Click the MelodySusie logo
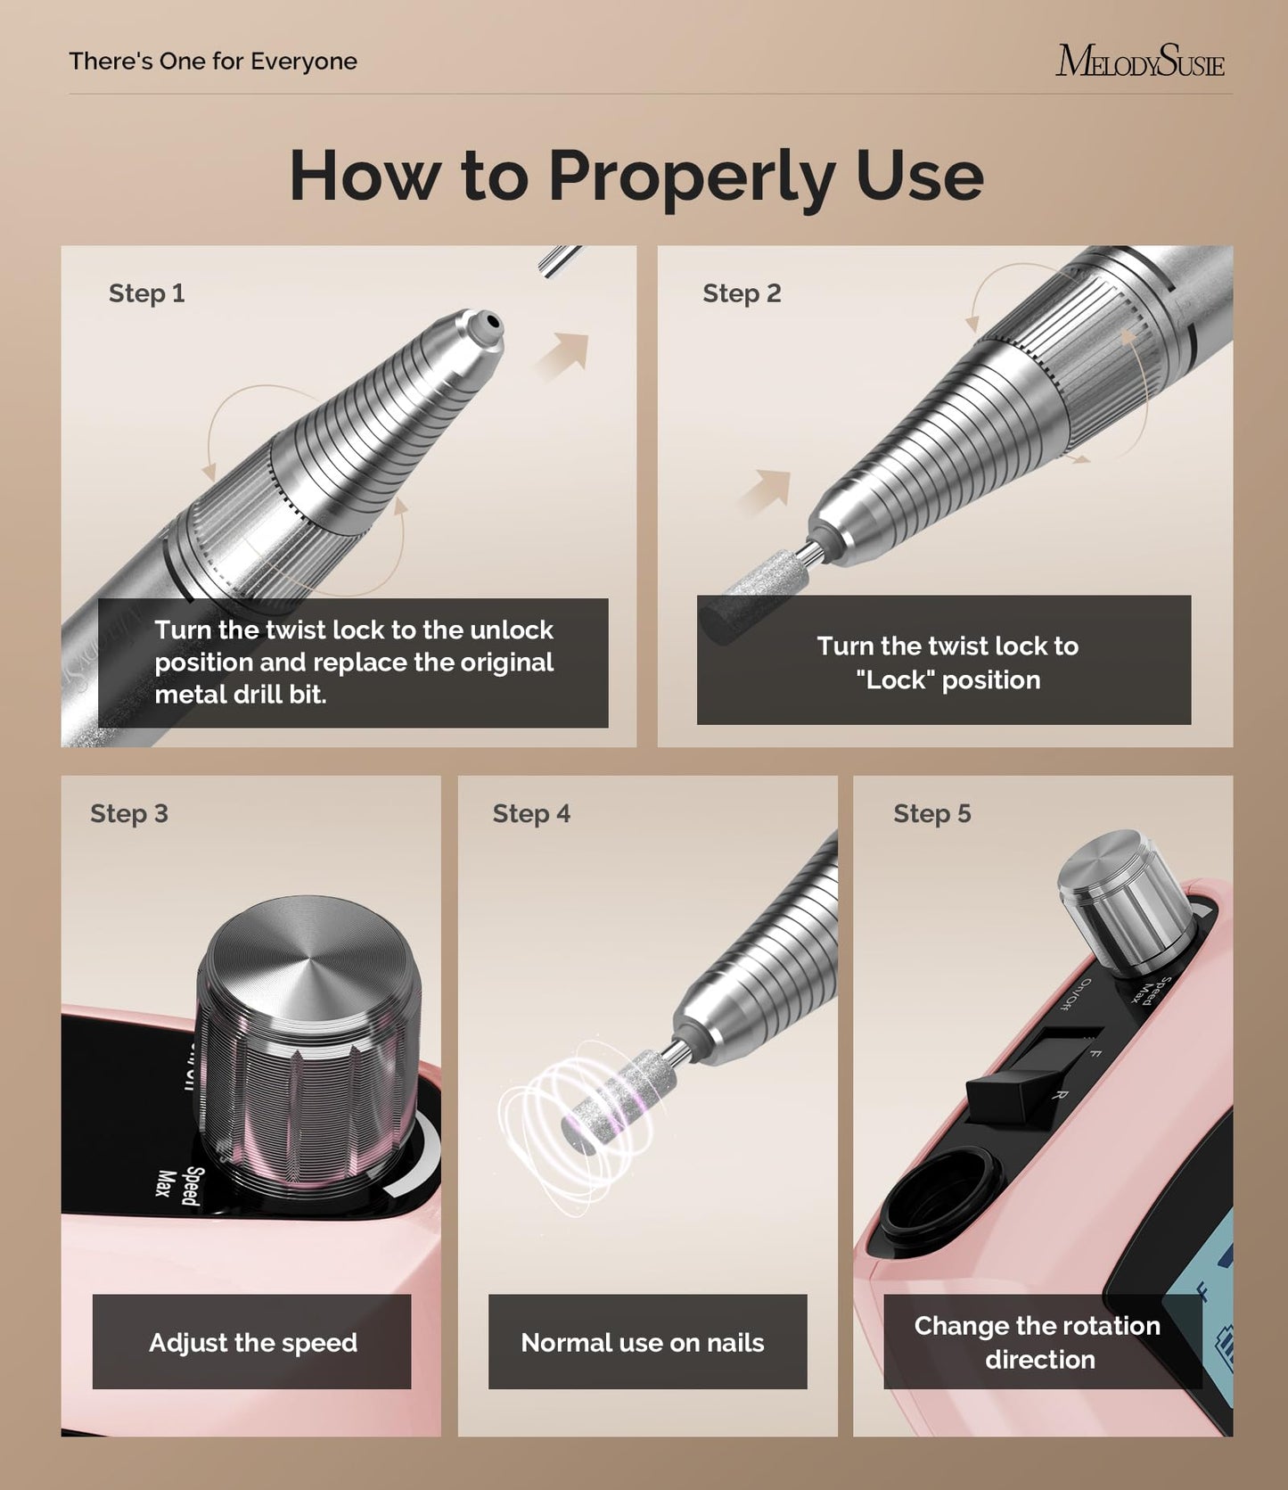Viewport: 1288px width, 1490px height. [1140, 62]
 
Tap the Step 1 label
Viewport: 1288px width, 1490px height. [147, 293]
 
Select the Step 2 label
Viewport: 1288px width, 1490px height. [742, 293]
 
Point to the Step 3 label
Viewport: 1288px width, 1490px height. [129, 813]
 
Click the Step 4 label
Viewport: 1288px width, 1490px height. [531, 813]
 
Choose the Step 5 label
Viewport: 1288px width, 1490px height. [932, 813]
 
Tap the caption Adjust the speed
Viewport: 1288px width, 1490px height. [252, 1342]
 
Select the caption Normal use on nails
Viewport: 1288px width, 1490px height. [643, 1342]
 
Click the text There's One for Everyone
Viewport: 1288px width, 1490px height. [213, 62]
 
